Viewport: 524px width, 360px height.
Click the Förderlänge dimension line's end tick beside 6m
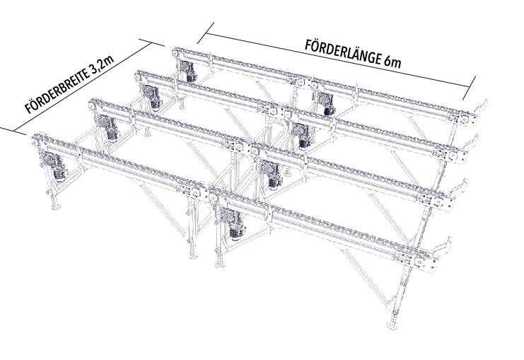(469, 88)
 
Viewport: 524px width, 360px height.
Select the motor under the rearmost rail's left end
(187, 71)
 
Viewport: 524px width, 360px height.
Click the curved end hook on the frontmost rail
(442, 247)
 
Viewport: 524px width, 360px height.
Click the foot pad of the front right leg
(393, 325)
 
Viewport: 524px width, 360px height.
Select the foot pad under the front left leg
(55, 207)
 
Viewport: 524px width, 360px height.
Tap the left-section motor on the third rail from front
(152, 98)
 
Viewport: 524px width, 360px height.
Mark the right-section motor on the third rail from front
(302, 136)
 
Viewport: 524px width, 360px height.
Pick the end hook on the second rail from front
(458, 190)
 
